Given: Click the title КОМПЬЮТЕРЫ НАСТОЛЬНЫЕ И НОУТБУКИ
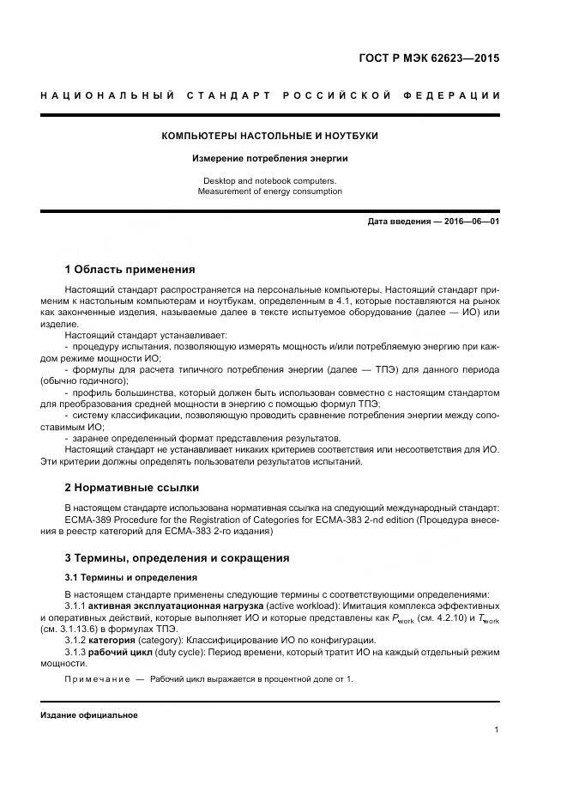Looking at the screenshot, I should click(270, 136).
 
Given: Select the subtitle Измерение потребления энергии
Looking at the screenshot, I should click(270, 159).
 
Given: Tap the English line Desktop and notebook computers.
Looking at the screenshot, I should click(270, 181).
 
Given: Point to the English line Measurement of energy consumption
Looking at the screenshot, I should click(270, 192).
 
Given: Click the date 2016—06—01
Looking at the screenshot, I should click(471, 221).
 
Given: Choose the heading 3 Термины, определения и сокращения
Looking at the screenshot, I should click(177, 557).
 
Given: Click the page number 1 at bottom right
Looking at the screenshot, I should click(497, 730).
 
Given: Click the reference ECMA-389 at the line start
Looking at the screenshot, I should click(87, 520).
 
